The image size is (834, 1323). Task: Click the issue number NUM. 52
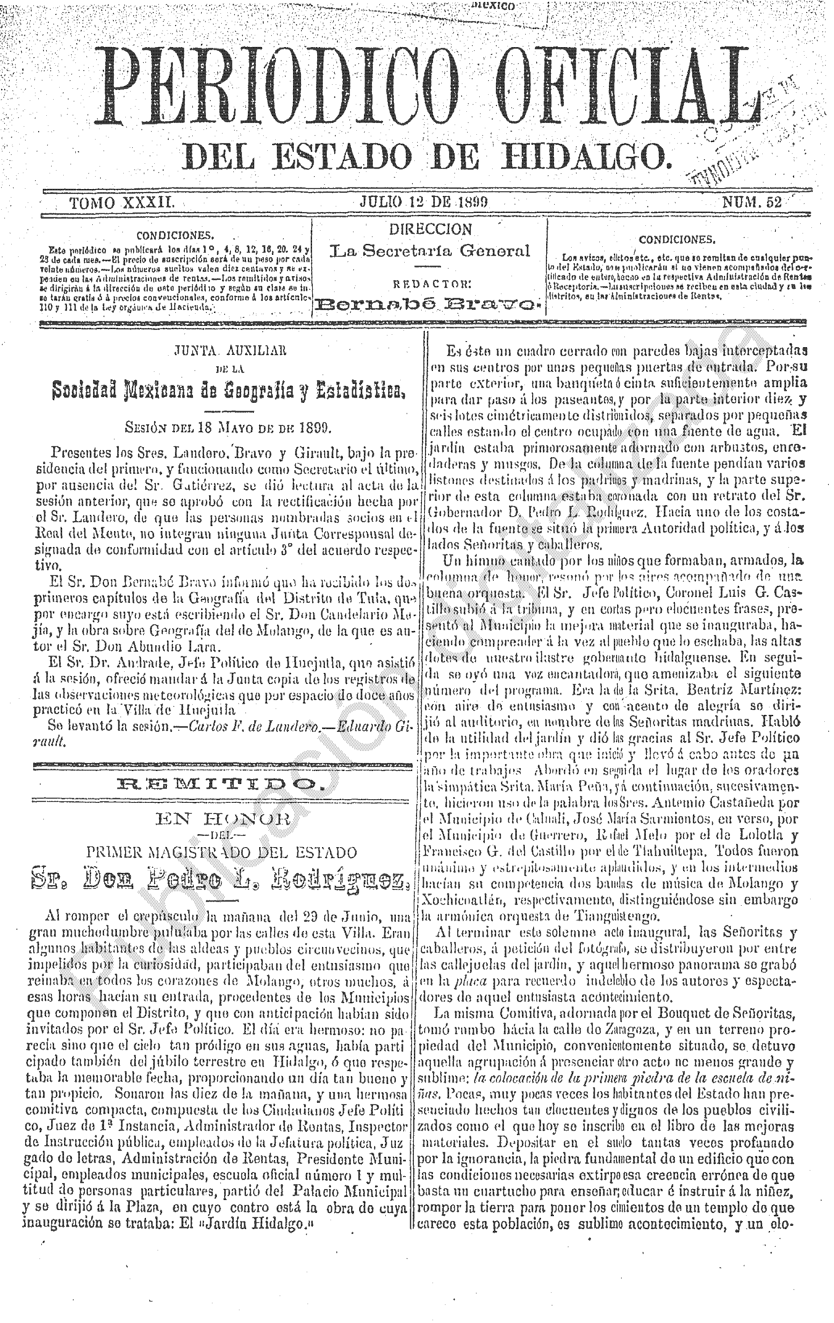[752, 203]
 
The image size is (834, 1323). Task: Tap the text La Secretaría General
[430, 251]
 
